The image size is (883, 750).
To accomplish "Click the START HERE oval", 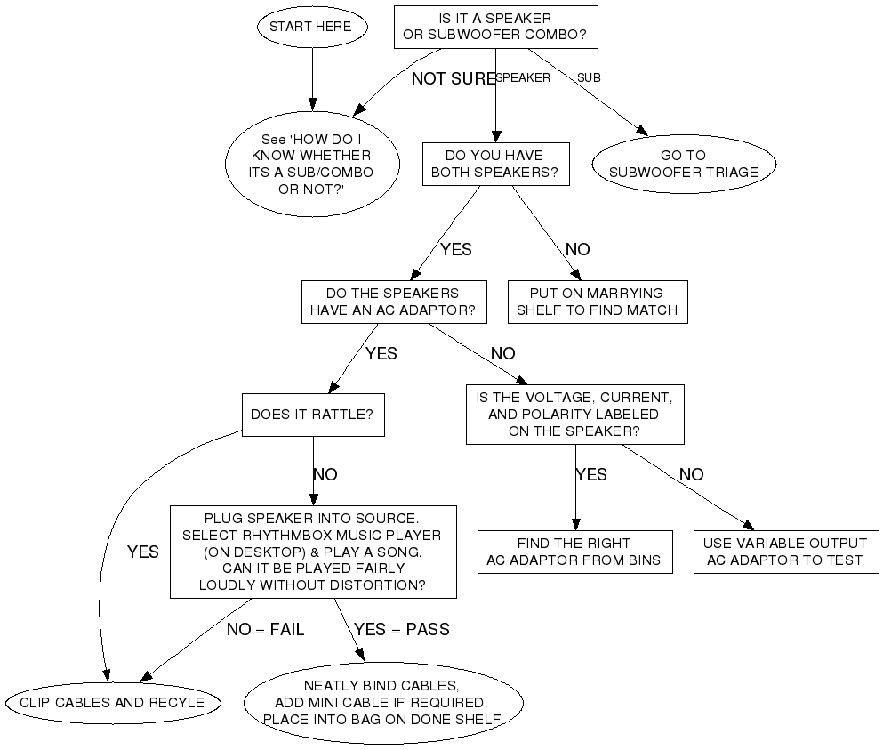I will click(x=310, y=27).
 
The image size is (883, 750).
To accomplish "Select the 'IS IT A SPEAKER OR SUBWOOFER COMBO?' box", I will click(x=495, y=27).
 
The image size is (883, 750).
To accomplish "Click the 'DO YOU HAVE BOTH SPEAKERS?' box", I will click(x=495, y=164).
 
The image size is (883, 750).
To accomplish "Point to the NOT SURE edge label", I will click(x=453, y=79).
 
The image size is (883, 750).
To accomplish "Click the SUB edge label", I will click(x=589, y=77).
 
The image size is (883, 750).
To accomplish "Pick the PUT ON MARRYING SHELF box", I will click(x=597, y=302).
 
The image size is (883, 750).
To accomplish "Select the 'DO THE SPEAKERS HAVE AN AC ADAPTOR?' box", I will click(x=394, y=302).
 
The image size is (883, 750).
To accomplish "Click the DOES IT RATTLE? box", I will click(x=312, y=415).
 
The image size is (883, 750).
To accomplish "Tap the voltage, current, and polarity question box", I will click(x=574, y=415).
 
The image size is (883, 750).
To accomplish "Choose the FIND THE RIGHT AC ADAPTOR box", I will click(x=574, y=552).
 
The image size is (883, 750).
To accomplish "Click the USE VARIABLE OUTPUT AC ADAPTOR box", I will click(x=784, y=552).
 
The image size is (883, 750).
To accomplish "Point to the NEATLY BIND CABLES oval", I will click(x=382, y=703).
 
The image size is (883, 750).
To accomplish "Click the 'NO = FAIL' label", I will click(x=265, y=630).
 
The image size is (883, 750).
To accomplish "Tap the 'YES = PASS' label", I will click(x=402, y=630).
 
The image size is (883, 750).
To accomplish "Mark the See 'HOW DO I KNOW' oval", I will click(x=311, y=164).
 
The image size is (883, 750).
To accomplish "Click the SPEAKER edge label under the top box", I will click(x=523, y=77).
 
